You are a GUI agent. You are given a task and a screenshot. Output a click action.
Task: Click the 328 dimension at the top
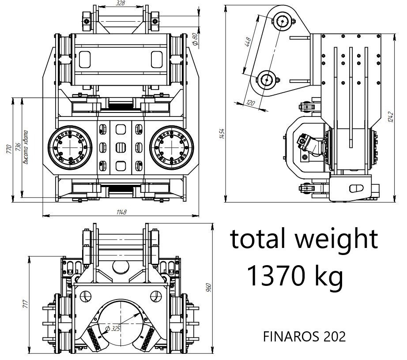coord(121,3)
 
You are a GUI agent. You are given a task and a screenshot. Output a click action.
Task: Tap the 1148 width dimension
coord(121,212)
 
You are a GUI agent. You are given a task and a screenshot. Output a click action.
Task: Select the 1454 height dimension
coord(222,134)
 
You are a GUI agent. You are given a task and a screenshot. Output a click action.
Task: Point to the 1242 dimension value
coord(392,117)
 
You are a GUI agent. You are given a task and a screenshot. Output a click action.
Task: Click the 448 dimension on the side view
coord(248,42)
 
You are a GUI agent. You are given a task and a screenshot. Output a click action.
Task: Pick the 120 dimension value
coord(250,102)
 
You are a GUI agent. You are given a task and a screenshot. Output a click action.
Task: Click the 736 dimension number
coord(18,147)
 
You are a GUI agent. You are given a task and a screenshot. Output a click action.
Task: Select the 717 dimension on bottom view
coord(25,304)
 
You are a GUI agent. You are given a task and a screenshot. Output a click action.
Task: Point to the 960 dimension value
coord(209,288)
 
